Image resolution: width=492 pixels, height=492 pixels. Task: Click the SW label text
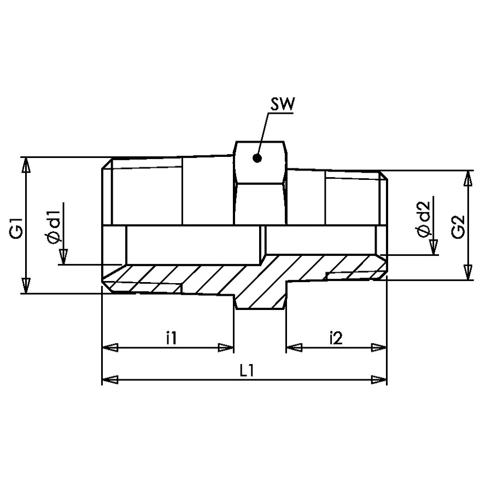click(283, 104)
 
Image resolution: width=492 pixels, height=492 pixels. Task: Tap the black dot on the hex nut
click(257, 159)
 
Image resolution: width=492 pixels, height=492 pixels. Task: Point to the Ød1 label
click(54, 226)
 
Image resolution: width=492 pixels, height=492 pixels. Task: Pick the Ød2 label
click(423, 219)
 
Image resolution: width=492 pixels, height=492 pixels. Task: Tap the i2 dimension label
click(336, 338)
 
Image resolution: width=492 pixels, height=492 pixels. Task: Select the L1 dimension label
click(247, 371)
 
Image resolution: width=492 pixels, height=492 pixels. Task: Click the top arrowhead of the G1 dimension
click(26, 165)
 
